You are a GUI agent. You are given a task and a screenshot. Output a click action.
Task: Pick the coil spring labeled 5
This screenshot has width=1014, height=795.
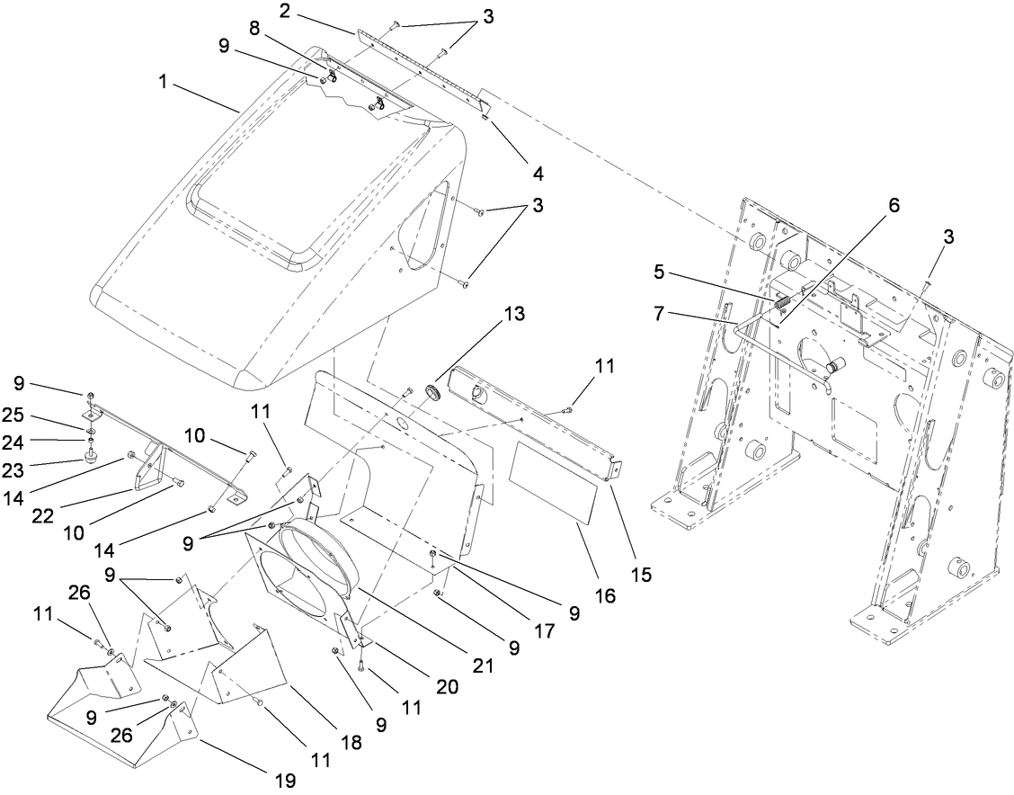[x=781, y=301]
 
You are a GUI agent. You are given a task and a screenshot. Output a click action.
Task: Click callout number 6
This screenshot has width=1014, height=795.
[x=893, y=205]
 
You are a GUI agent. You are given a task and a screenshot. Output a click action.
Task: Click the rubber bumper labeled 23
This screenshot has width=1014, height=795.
[x=91, y=457]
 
